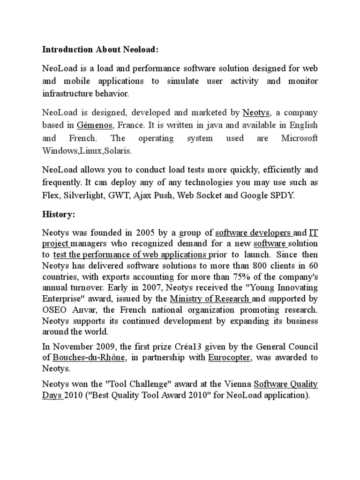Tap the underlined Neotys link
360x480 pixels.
click(257, 112)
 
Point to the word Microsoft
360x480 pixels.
click(299, 138)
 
